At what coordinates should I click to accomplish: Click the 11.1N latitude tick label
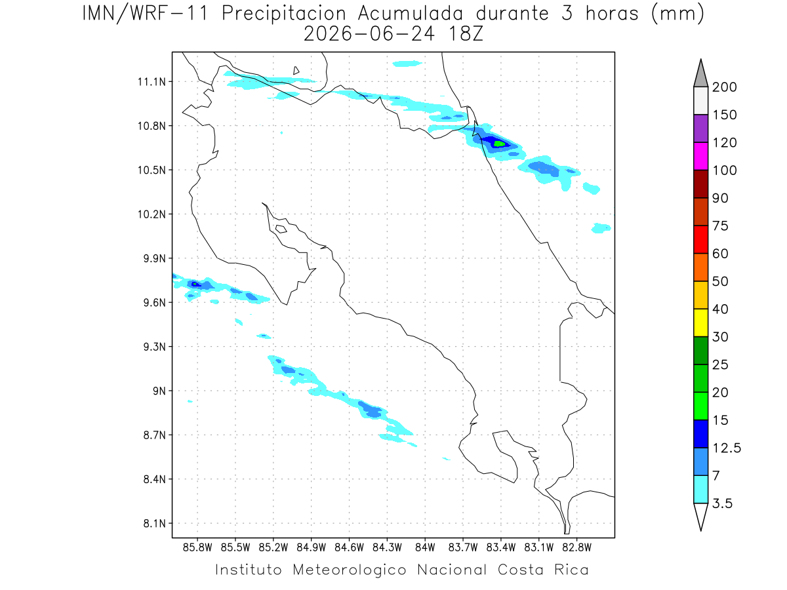[x=151, y=82]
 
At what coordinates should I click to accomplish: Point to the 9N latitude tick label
[x=159, y=391]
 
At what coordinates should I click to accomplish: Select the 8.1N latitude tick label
[x=155, y=523]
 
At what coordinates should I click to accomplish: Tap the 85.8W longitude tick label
[x=197, y=547]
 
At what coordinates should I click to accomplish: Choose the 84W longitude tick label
[x=425, y=547]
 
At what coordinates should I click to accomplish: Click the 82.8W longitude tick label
[x=576, y=547]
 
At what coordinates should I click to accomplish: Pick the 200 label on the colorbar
[x=724, y=87]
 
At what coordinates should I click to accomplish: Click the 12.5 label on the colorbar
[x=727, y=448]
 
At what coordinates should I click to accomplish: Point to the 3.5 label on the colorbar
[x=722, y=503]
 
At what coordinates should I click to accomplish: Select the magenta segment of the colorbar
[x=700, y=156]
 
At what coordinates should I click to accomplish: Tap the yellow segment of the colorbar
[x=700, y=323]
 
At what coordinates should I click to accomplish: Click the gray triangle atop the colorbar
[x=700, y=74]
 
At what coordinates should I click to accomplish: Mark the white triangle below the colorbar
[x=700, y=516]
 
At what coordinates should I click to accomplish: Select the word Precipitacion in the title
[x=284, y=14]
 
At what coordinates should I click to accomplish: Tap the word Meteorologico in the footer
[x=350, y=570]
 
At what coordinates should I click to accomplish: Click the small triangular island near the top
[x=296, y=71]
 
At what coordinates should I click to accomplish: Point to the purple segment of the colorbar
[x=700, y=128]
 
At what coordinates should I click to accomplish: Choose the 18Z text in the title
[x=466, y=34]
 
